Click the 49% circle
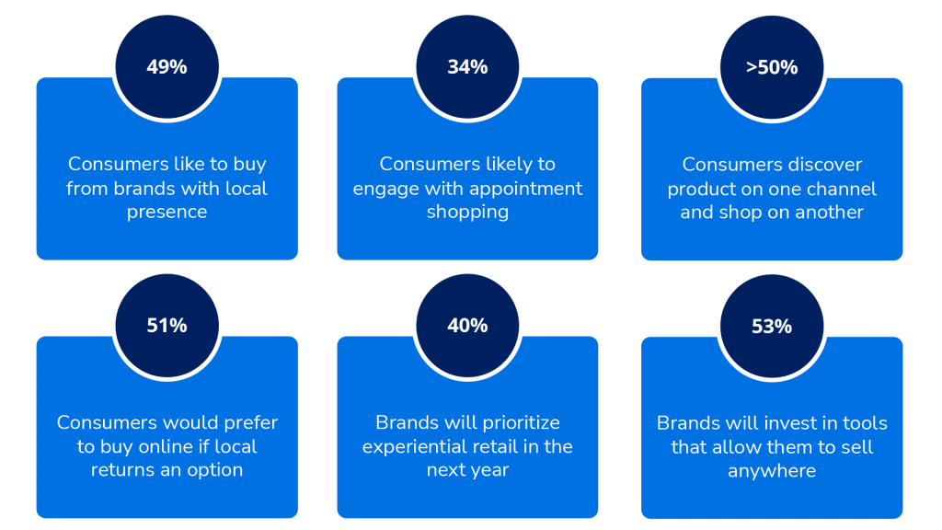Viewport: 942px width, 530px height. click(167, 66)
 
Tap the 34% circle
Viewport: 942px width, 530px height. click(467, 66)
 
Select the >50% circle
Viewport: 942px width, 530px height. click(772, 67)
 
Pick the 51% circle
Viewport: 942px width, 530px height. click(167, 326)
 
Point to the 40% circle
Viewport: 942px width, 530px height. click(467, 326)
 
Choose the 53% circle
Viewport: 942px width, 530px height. click(772, 327)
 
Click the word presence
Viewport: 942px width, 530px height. click(167, 213)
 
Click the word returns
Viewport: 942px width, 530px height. click(122, 470)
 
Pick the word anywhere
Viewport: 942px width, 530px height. click(772, 471)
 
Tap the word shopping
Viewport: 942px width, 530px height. click(467, 213)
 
